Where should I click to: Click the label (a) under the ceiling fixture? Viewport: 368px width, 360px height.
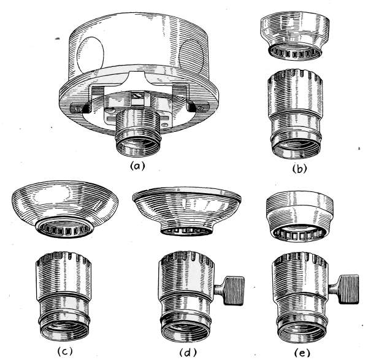coord(137,166)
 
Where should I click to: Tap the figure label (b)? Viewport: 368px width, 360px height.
coord(299,169)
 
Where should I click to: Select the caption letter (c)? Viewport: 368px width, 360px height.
coord(65,351)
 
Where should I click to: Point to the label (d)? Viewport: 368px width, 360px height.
coord(188,352)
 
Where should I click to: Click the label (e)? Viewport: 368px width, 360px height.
coord(302,353)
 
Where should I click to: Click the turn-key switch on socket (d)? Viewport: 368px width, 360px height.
coord(231,291)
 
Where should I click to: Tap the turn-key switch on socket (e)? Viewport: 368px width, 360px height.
coord(345,289)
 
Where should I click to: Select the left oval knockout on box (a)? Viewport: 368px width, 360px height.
coord(90,55)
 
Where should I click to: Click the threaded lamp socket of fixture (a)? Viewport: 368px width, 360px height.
coord(139,133)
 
